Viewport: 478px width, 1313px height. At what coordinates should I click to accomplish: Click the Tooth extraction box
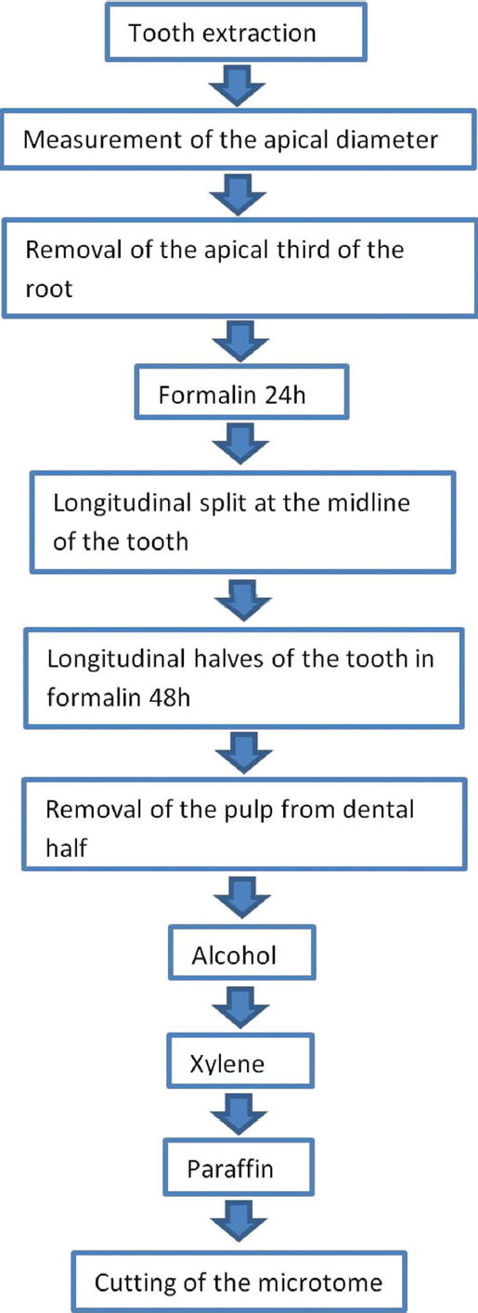click(236, 32)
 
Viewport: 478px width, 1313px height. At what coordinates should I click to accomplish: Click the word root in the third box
click(48, 289)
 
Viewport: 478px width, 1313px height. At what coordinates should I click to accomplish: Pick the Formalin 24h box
click(242, 392)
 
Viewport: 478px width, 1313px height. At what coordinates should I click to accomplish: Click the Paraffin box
click(239, 1167)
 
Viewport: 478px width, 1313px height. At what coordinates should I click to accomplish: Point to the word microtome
click(320, 1283)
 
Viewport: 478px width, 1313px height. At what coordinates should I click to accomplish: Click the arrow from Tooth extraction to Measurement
click(237, 85)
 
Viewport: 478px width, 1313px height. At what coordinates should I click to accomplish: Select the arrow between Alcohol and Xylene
click(240, 1007)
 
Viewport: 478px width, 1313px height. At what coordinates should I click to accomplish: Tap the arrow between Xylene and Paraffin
click(239, 1113)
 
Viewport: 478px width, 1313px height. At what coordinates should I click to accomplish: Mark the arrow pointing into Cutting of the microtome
click(239, 1221)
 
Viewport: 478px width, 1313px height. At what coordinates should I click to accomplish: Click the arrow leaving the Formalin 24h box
click(240, 444)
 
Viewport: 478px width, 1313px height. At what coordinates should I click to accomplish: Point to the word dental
click(378, 810)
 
